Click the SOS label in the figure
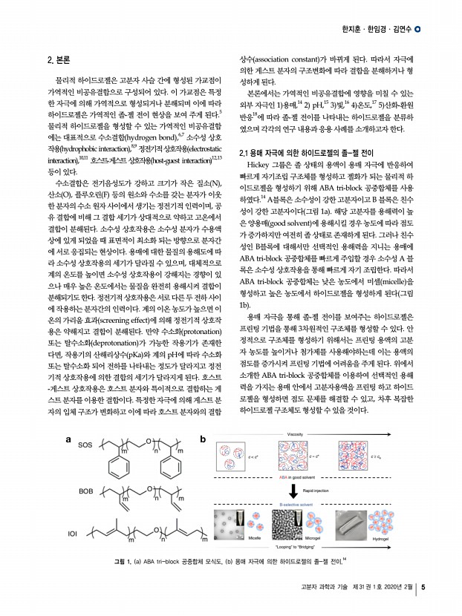click(85, 446)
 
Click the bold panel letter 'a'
click(68, 439)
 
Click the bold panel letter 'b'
click(204, 439)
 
